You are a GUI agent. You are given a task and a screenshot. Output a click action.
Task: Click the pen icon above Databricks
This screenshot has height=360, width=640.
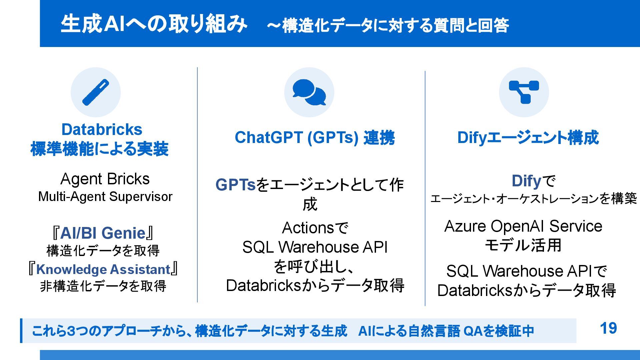96,92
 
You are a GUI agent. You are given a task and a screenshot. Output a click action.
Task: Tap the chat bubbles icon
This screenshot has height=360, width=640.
309,92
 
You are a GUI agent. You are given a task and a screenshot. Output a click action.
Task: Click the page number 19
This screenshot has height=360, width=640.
608,328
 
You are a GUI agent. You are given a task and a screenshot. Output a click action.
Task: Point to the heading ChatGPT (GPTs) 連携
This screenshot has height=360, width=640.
314,138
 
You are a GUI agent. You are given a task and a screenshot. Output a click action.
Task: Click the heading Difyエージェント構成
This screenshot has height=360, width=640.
528,138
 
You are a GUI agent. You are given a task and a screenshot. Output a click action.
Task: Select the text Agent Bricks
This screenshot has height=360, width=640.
105,179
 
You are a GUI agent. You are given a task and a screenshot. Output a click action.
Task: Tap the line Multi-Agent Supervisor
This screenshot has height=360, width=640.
105,197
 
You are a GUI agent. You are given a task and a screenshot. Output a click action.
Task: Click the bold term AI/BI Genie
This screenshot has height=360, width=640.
103,233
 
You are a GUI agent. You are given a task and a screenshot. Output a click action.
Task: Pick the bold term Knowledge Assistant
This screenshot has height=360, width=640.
103,269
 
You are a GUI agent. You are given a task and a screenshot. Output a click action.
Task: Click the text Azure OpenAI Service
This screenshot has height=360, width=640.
523,226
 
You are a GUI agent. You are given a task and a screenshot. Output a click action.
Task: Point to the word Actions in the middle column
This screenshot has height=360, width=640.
308,228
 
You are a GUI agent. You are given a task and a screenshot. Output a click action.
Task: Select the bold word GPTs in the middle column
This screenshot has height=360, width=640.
235,185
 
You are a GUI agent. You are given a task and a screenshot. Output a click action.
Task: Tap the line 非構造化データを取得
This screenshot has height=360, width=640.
103,286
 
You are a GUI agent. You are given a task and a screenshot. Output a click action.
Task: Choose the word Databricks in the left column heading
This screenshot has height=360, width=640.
102,129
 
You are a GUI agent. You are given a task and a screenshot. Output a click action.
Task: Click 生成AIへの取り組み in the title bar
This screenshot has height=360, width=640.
154,24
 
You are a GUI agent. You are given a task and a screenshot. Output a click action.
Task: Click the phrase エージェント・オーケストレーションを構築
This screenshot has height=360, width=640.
533,199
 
